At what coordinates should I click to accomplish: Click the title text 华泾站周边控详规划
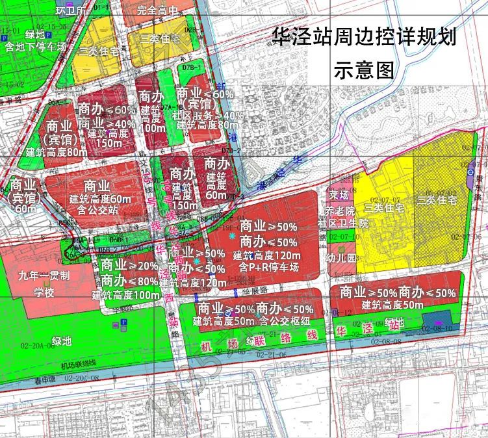(364, 38)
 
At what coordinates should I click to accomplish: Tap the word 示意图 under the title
(364, 70)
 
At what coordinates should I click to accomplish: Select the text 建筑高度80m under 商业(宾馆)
(57, 151)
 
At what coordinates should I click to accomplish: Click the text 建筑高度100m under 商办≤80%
(127, 294)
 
